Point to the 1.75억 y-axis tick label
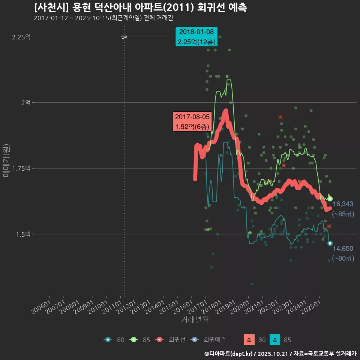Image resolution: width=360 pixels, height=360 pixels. point(22,168)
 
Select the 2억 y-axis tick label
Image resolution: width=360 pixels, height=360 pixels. point(26,102)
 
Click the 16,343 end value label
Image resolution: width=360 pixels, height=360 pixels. point(343,204)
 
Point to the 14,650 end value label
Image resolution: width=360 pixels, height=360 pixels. point(343,248)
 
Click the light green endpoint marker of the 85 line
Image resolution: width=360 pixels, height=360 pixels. point(330,199)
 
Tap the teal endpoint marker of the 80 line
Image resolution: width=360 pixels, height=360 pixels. point(330,243)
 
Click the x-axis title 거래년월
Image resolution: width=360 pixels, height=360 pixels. point(195,320)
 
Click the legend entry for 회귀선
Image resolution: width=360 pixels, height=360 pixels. point(171,340)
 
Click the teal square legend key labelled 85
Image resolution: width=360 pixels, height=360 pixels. point(275,340)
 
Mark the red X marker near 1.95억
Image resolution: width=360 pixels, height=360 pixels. point(280,117)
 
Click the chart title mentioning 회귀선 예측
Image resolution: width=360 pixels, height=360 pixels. point(140,7)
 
